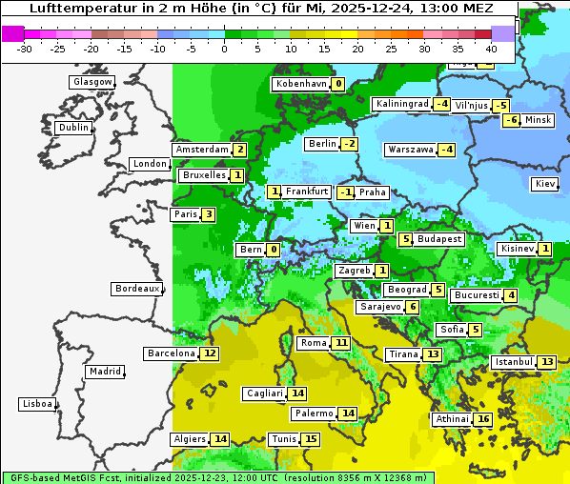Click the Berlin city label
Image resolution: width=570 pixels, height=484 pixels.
click(322, 144)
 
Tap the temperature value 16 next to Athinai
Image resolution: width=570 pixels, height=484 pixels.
click(483, 419)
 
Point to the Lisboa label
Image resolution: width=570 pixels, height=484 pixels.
click(36, 404)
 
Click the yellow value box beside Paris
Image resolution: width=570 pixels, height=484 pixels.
click(208, 214)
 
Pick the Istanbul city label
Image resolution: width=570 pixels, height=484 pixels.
click(513, 362)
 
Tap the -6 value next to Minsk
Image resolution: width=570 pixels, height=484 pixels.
click(511, 120)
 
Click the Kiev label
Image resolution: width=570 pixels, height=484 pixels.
click(545, 183)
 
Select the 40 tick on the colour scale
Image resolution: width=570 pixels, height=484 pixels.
click(492, 48)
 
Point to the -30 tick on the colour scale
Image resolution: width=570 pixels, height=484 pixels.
click(25, 48)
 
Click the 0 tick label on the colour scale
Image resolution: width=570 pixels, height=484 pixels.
click(225, 48)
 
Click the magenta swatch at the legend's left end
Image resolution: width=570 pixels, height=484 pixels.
click(13, 33)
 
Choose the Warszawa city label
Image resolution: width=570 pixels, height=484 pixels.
click(410, 150)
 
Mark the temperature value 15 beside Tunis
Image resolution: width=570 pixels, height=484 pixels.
click(311, 439)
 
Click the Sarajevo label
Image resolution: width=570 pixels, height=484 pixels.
click(379, 307)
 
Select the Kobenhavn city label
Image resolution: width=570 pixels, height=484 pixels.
click(300, 84)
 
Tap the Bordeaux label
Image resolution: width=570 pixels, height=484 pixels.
click(136, 288)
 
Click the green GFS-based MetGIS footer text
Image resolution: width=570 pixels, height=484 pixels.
click(217, 477)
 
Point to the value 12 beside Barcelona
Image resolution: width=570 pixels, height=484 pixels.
click(210, 353)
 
